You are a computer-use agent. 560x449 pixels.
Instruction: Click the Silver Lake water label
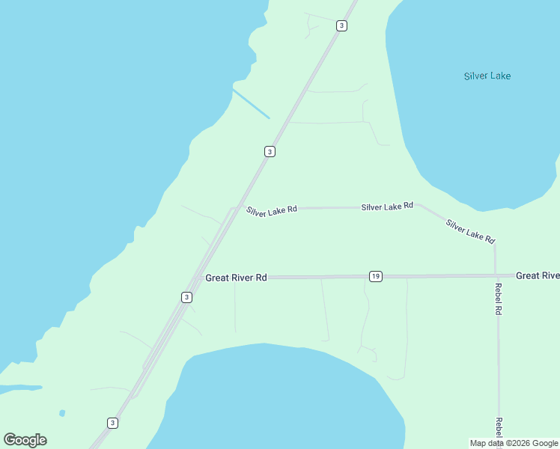pyautogui.click(x=487, y=76)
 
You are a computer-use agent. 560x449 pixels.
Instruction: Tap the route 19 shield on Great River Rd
pyautogui.click(x=375, y=277)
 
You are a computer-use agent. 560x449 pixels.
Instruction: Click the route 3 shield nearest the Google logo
pyautogui.click(x=112, y=423)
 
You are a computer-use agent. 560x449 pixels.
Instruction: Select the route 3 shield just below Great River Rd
pyautogui.click(x=186, y=297)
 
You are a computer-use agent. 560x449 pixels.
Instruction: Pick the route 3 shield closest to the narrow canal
pyautogui.click(x=270, y=151)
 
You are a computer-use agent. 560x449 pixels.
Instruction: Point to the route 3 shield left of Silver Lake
pyautogui.click(x=341, y=25)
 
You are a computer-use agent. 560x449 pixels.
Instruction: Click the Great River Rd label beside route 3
pyautogui.click(x=236, y=278)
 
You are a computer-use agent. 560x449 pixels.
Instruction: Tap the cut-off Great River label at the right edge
pyautogui.click(x=538, y=276)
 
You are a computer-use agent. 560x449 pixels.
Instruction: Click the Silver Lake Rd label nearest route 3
pyautogui.click(x=272, y=210)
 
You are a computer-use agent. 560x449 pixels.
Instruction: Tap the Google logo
pyautogui.click(x=25, y=440)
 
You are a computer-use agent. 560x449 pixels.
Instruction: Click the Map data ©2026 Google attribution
pyautogui.click(x=514, y=443)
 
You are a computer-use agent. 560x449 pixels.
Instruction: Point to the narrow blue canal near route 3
pyautogui.click(x=250, y=103)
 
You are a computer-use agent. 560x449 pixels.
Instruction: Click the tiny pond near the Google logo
pyautogui.click(x=61, y=412)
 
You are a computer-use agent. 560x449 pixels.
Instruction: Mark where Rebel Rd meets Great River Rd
pyautogui.click(x=495, y=275)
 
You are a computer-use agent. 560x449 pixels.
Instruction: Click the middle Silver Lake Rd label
pyautogui.click(x=387, y=207)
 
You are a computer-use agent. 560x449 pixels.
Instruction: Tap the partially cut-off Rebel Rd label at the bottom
pyautogui.click(x=499, y=430)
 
